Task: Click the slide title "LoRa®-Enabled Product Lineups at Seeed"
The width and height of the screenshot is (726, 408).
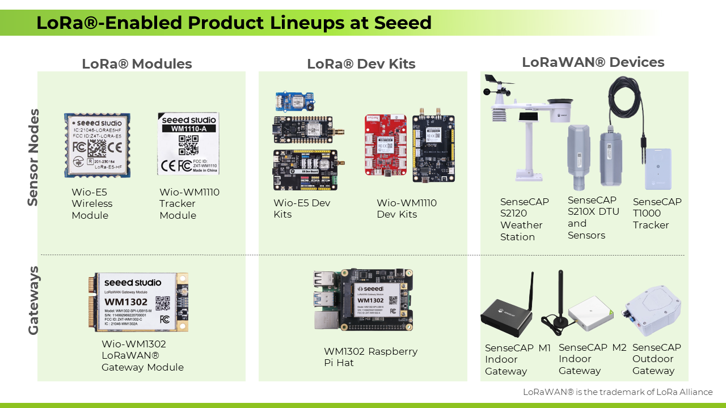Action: [x=234, y=23]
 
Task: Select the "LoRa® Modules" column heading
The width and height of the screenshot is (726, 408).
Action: [x=137, y=64]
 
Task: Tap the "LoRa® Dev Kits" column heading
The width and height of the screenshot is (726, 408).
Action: [x=361, y=64]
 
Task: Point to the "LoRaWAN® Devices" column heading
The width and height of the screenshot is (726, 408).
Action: [x=593, y=62]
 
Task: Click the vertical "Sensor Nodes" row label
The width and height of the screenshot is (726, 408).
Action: [x=33, y=157]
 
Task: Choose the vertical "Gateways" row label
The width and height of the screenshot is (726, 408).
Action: [x=33, y=300]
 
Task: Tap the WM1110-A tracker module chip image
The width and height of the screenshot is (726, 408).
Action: [x=188, y=143]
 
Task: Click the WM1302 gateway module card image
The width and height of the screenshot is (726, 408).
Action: [x=138, y=302]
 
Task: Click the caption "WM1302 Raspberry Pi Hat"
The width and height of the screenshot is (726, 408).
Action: [x=370, y=357]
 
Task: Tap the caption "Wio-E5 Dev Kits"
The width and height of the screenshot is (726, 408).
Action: [x=301, y=209]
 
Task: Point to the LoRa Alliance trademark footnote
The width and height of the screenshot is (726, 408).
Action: [x=617, y=392]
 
